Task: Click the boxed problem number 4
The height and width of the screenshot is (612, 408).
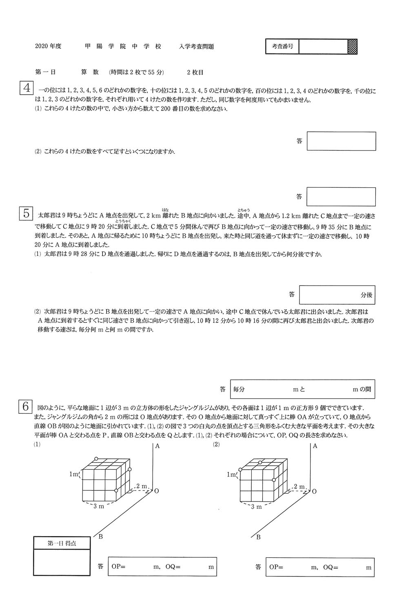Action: coord(26,89)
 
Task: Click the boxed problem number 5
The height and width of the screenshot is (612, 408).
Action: coord(26,213)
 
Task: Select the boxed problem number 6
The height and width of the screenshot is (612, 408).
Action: coord(26,407)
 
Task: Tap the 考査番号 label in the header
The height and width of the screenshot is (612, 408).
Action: coord(282,47)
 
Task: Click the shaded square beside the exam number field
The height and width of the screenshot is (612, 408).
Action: coord(352,47)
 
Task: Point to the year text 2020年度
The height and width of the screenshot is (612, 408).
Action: coord(48,47)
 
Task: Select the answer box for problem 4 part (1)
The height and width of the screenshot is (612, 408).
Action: coord(341,141)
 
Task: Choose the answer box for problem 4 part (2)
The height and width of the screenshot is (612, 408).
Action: coord(341,197)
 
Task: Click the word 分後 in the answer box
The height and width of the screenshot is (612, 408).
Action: coord(366,295)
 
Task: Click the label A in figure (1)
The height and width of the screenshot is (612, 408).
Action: coord(157,446)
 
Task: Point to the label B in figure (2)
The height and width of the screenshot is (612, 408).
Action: coord(258,537)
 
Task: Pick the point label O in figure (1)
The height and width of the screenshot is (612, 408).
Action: coord(156,491)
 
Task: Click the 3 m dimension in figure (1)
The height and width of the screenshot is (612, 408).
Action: coord(99,506)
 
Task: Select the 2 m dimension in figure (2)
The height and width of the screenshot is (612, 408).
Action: coord(300,486)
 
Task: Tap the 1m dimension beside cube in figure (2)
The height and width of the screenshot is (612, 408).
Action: coord(231,475)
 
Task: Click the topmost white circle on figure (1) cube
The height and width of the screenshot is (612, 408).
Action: coord(96,459)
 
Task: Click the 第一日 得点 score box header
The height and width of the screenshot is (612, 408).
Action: coord(62,543)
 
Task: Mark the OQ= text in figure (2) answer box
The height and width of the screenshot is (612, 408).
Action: coord(330,567)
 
